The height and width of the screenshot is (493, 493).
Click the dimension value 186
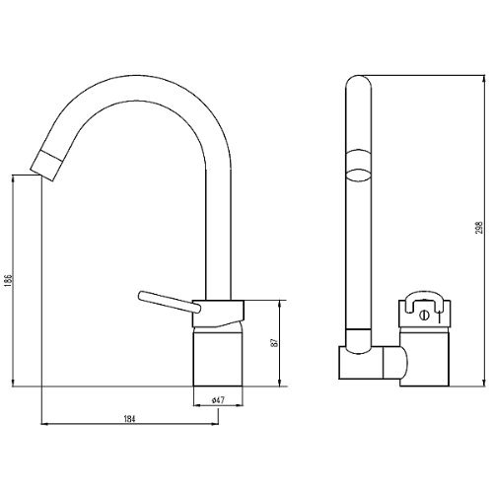tap(8, 281)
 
